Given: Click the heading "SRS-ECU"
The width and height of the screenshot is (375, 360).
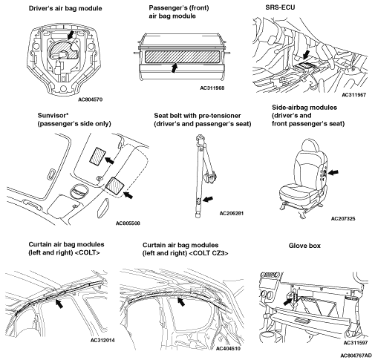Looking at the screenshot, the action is tap(280, 7).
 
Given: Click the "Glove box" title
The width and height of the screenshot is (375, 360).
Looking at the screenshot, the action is tap(304, 246).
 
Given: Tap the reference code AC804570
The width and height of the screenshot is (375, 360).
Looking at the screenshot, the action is tap(90, 99).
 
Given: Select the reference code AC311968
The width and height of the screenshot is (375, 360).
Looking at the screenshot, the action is tap(212, 88).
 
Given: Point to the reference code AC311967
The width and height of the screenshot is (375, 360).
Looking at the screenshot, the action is tap(353, 95).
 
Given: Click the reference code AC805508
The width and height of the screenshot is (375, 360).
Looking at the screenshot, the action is tap(128, 223).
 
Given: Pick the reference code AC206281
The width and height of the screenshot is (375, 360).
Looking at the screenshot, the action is tap(232, 213).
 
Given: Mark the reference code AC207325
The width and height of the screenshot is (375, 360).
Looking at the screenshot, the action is tap(343, 218).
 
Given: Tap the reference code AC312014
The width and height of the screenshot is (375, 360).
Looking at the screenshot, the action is tap(102, 340).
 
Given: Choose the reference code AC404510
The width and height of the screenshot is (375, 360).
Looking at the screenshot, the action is tap(228, 348).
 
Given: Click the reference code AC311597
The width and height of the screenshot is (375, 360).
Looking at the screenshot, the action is tap(356, 343).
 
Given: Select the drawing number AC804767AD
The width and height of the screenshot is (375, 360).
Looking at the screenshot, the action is tap(356, 356).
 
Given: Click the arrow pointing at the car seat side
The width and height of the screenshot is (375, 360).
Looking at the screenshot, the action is tap(333, 172).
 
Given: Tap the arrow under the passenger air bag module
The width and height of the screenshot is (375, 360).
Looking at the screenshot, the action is tap(175, 68).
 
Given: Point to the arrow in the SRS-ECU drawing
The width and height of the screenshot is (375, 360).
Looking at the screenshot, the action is tap(306, 55).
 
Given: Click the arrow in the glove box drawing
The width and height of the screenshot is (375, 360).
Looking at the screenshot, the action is tap(288, 301).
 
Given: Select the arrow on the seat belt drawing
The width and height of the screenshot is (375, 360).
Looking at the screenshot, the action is tap(208, 199).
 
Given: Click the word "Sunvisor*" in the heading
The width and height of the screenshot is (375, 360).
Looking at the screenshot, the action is tap(53, 116).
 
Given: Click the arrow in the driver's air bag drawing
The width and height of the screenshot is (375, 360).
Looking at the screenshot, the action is tap(71, 35).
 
